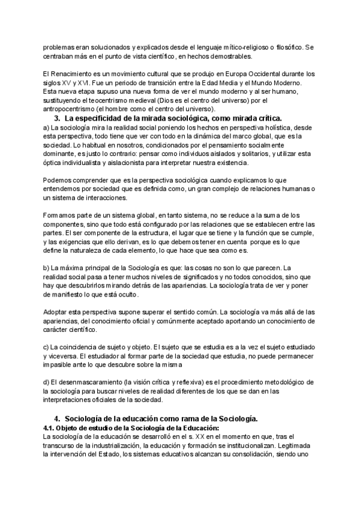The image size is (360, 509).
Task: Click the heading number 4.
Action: (x=57, y=418)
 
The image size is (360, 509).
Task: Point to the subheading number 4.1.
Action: (x=52, y=427)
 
